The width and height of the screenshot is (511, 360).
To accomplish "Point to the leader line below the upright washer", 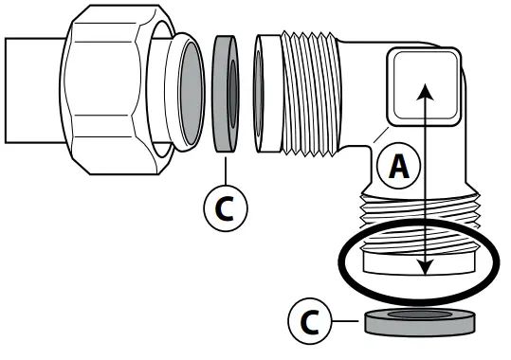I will tap(226, 167).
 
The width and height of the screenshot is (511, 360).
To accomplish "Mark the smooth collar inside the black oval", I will tap(417, 258).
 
